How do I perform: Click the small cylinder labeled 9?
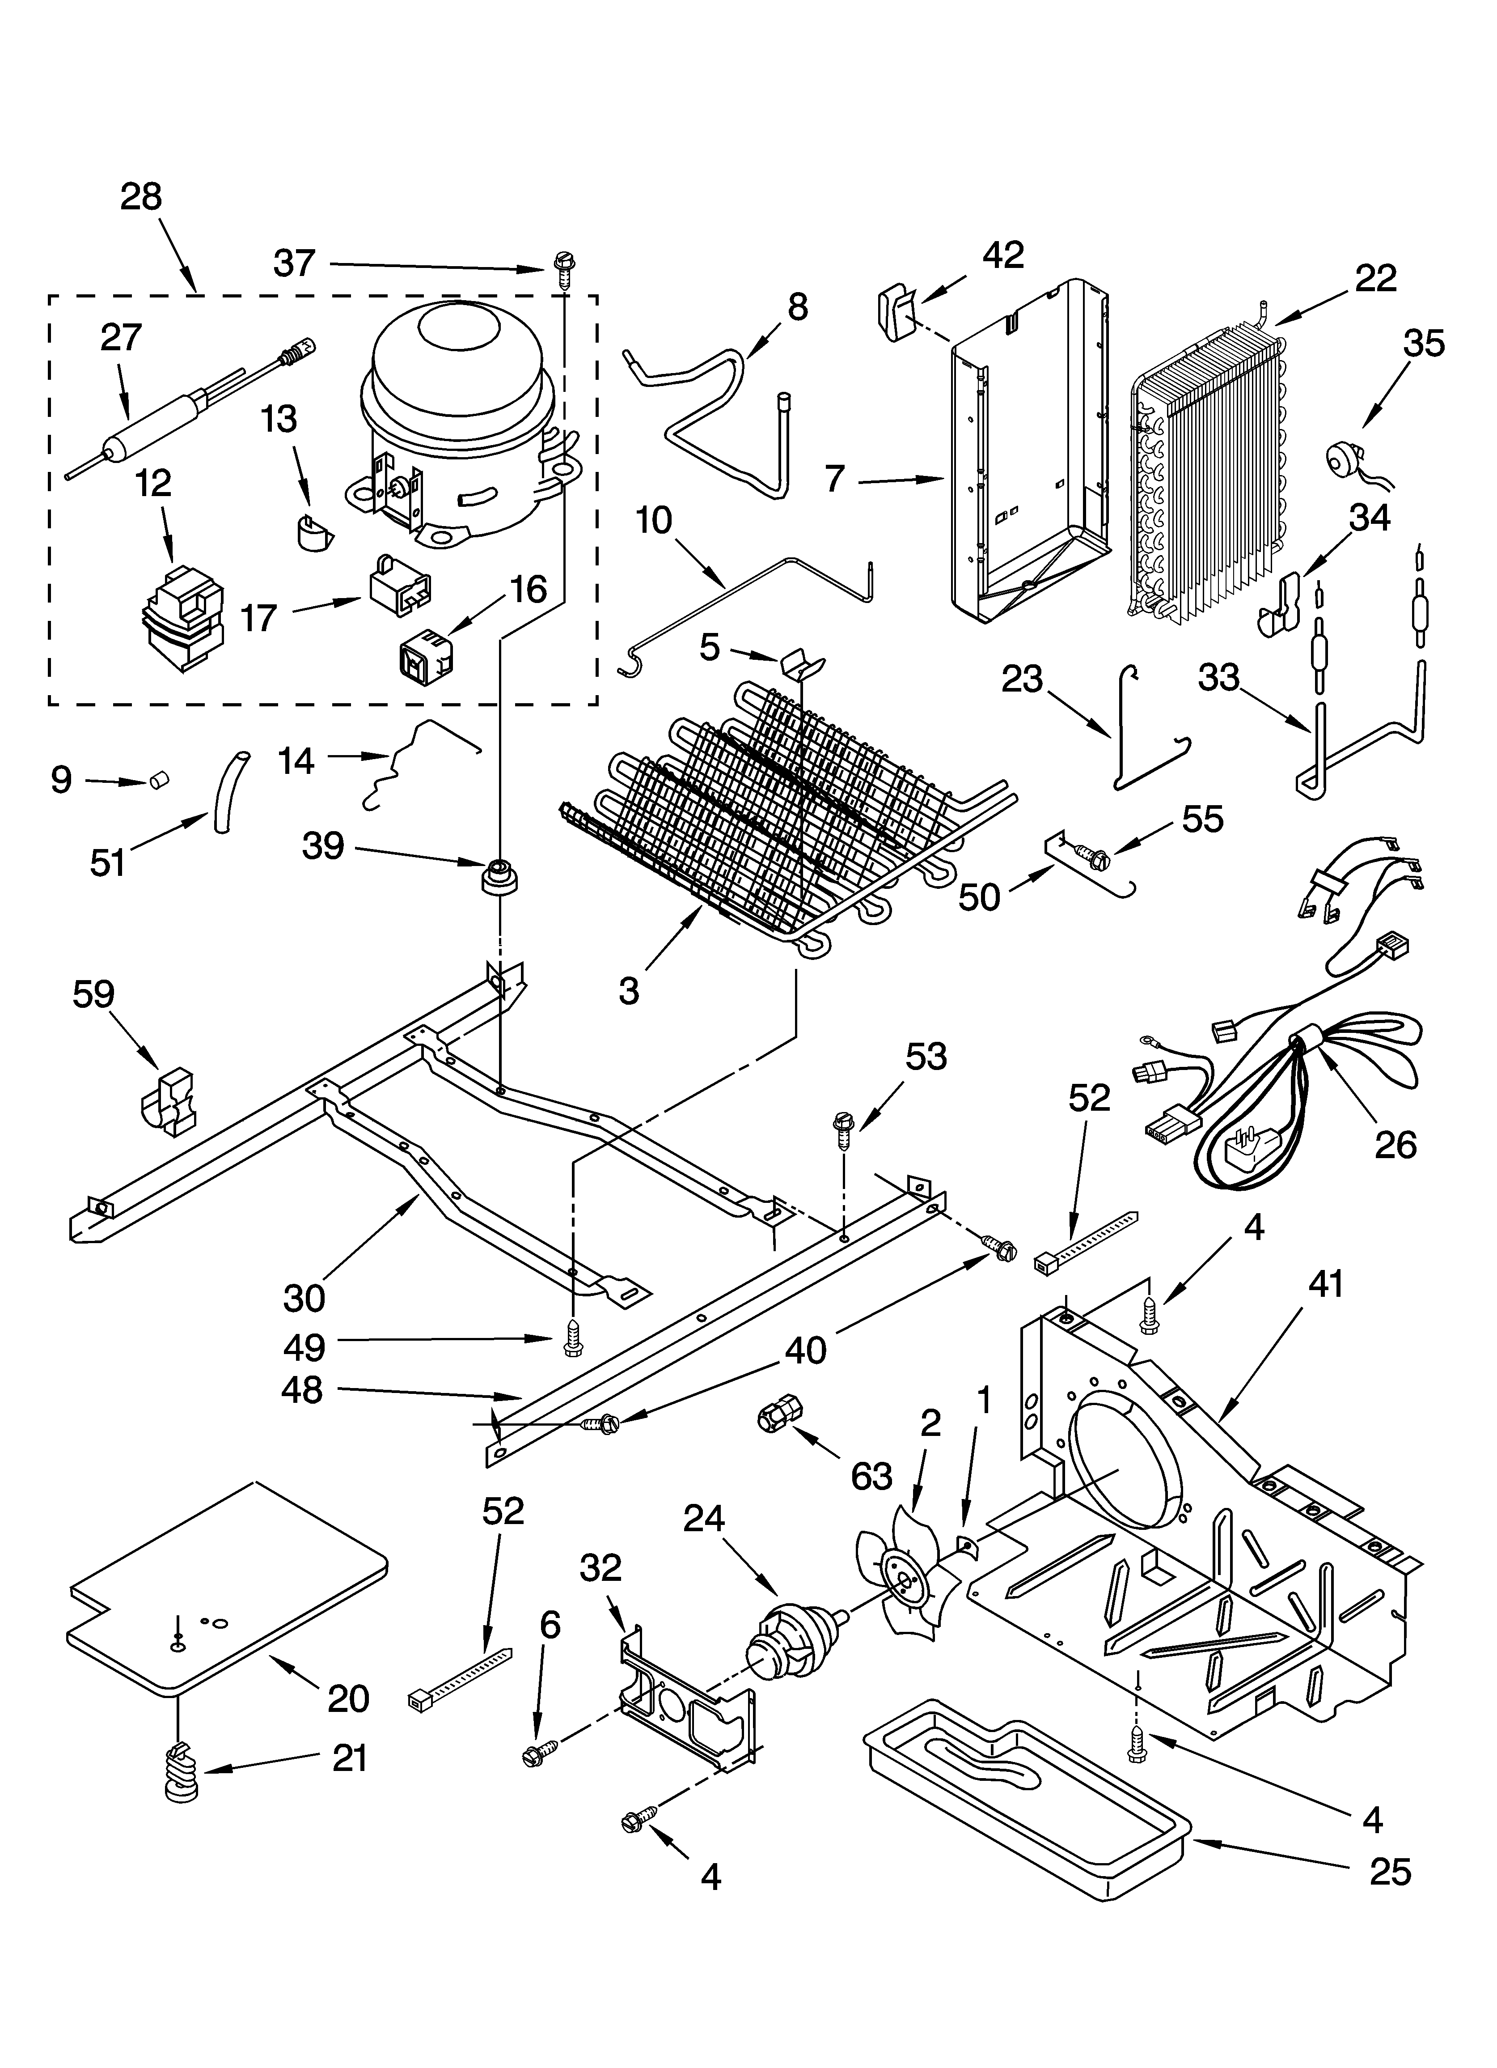click(161, 781)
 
